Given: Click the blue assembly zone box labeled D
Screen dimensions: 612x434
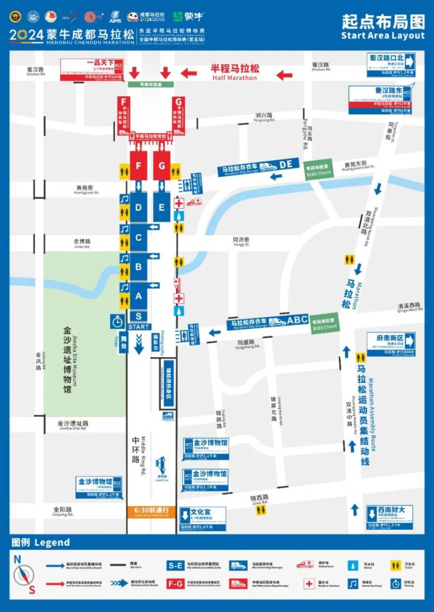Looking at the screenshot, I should [x=139, y=207].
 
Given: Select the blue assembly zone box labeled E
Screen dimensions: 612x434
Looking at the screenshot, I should [x=162, y=207].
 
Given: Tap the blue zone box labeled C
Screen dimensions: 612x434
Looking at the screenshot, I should [x=139, y=237].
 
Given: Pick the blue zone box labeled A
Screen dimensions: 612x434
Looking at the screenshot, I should [x=139, y=296].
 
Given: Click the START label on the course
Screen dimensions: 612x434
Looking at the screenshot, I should [x=139, y=327].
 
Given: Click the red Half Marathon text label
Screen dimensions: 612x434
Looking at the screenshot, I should [x=235, y=73].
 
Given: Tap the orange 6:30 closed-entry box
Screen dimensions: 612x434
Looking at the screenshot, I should [x=151, y=512].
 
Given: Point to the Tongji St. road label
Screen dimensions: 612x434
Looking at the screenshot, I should [x=241, y=242].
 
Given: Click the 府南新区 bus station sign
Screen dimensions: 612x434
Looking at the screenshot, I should [x=391, y=344].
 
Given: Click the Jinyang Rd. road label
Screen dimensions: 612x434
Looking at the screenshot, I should [x=63, y=512].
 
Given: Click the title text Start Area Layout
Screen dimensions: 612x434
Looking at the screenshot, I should [x=382, y=35].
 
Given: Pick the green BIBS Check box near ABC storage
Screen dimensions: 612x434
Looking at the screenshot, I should [x=325, y=324].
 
